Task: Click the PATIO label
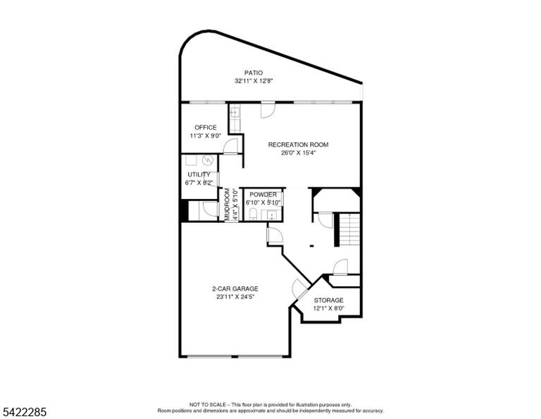click(x=254, y=73)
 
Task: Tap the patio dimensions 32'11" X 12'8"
click(x=254, y=81)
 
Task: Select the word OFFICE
click(x=206, y=128)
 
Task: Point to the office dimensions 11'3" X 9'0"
click(x=206, y=135)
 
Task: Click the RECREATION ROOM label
click(x=299, y=145)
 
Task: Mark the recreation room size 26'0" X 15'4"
click(x=299, y=152)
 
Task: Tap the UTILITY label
click(x=199, y=174)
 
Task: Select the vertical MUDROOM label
click(x=228, y=205)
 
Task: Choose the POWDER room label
click(x=263, y=195)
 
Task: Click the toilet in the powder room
click(x=253, y=214)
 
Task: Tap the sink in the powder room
click(x=272, y=215)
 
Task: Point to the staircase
click(x=350, y=229)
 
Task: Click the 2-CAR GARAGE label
click(x=235, y=289)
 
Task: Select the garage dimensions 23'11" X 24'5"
click(x=235, y=297)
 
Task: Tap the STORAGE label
click(x=328, y=300)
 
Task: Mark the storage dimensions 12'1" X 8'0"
click(x=328, y=308)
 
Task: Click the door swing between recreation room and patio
click(x=268, y=110)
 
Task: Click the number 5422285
click(x=25, y=412)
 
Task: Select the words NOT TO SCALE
click(x=207, y=404)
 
